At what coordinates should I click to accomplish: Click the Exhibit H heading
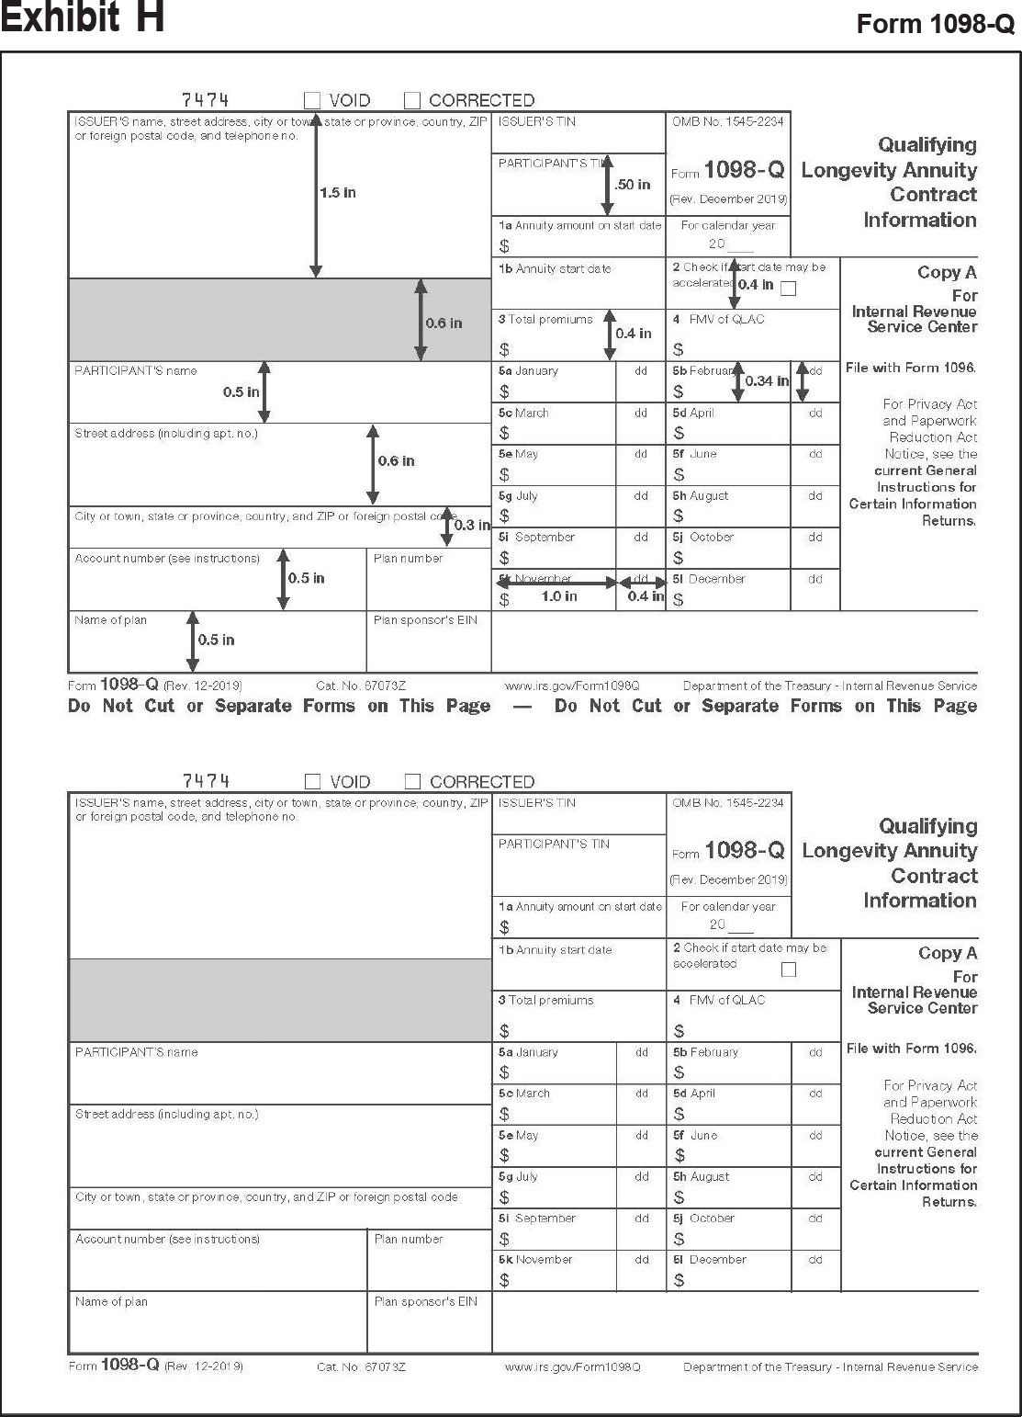83,18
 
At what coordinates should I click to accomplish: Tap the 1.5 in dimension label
337,193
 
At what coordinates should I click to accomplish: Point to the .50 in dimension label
632,185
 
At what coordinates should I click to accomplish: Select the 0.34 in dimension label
766,380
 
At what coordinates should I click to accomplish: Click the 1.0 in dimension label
558,596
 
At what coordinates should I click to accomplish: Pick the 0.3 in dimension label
472,525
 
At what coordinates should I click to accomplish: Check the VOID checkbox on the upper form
312,100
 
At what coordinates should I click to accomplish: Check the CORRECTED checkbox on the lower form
413,782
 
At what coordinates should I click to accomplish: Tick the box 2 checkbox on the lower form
788,969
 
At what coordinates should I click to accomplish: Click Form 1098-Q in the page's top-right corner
935,25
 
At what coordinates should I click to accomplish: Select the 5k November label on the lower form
535,1260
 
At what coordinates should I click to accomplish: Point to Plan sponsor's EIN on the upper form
425,620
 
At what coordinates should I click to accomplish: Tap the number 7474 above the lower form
206,781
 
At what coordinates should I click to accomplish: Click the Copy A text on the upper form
947,272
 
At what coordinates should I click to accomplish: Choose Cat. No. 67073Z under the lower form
361,1366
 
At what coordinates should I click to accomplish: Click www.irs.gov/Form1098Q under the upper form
572,686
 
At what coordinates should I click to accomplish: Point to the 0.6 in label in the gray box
444,323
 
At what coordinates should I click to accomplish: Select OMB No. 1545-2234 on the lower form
728,803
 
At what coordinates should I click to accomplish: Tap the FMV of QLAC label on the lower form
726,1000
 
